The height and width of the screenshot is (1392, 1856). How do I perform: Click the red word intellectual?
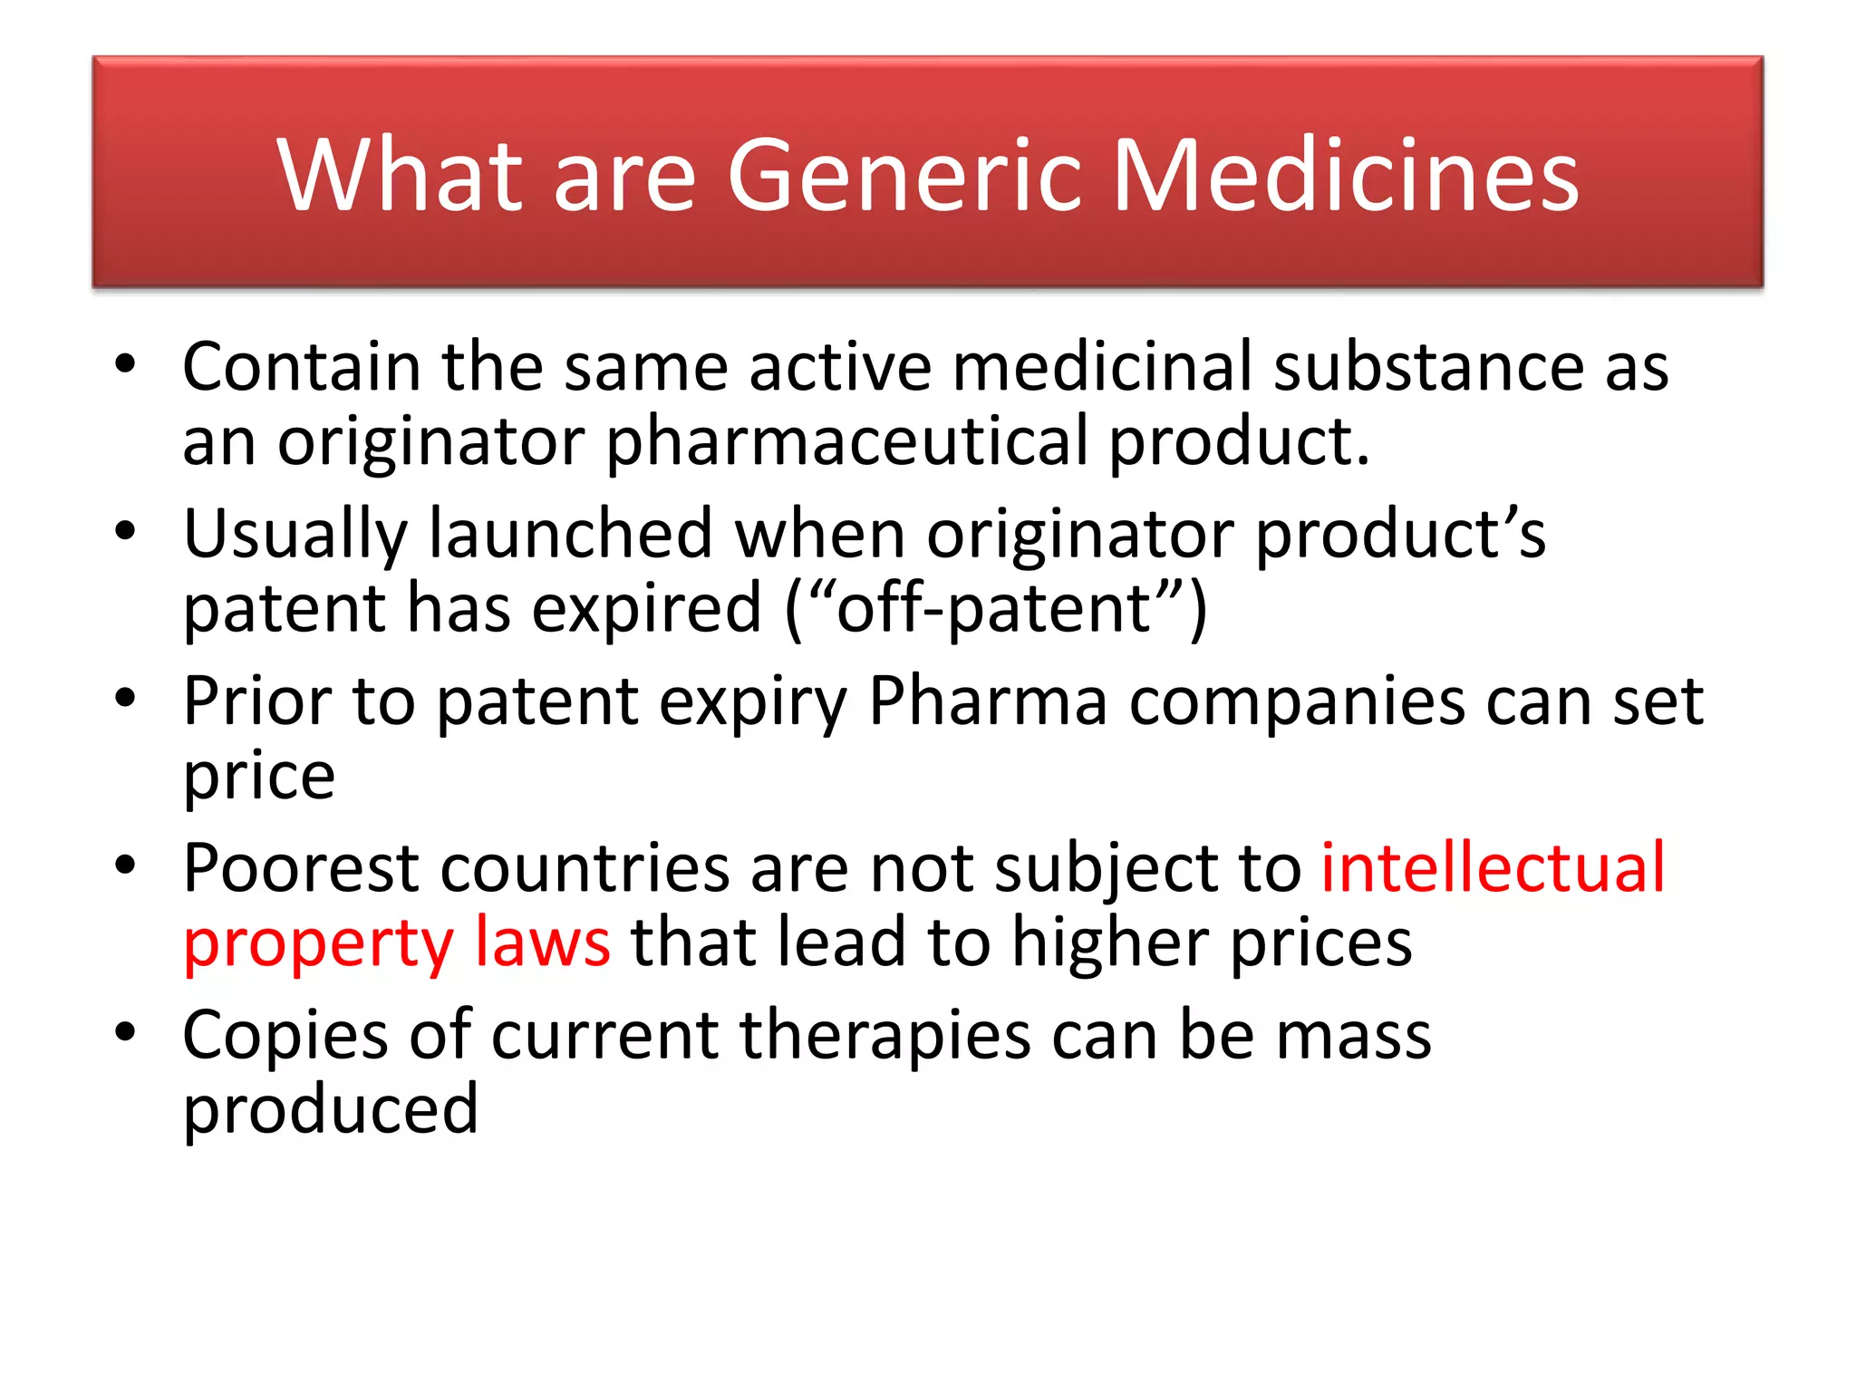(1493, 867)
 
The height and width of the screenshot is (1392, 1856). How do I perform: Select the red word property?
(318, 944)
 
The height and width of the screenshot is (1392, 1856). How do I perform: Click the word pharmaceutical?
(846, 442)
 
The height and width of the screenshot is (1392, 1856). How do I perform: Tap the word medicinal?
(1101, 366)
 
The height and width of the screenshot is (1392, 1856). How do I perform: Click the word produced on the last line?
(330, 1109)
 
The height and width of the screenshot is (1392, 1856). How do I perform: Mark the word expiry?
(752, 702)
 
